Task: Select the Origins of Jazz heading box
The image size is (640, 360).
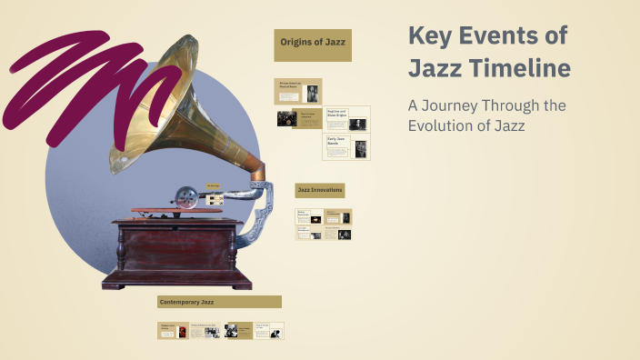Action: point(313,43)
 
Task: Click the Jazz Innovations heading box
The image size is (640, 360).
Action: point(319,190)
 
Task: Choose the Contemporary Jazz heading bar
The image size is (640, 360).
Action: point(219,302)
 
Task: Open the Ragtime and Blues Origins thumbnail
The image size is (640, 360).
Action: point(347,118)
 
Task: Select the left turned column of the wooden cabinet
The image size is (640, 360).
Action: point(123,245)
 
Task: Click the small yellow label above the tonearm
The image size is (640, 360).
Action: point(213,185)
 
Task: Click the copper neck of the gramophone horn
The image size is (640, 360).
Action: point(255,169)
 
